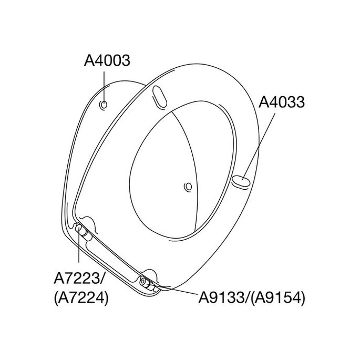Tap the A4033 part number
pos(282,102)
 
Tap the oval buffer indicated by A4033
pos(240,182)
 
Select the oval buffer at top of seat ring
pos(159,96)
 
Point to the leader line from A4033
pos(258,148)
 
